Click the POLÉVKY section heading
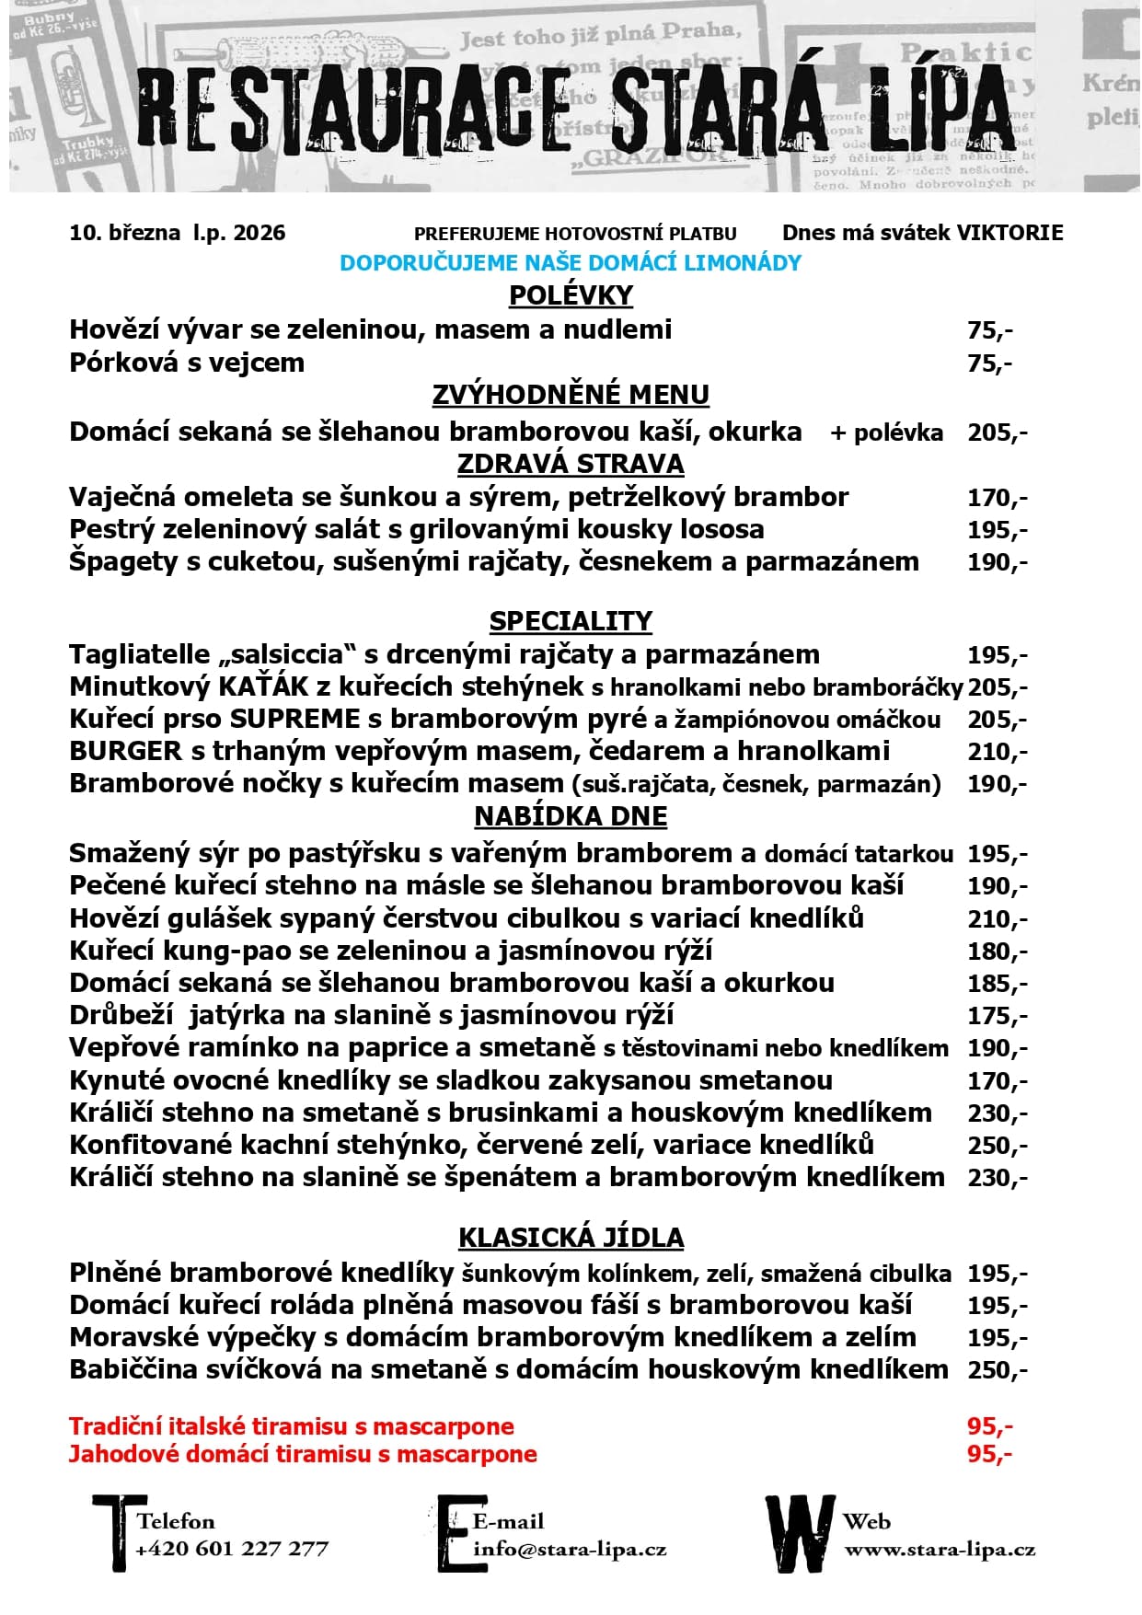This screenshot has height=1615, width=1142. pyautogui.click(x=571, y=295)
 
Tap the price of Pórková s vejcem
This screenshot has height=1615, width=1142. pyautogui.click(x=989, y=363)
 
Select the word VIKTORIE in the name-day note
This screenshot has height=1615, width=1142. pyautogui.click(x=1009, y=233)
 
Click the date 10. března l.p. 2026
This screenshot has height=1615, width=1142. pyautogui.click(x=177, y=233)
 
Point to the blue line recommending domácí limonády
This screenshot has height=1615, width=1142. pyautogui.click(x=571, y=263)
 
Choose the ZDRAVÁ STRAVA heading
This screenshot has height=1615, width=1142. pyautogui.click(x=571, y=464)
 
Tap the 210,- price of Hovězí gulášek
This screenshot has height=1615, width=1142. pyautogui.click(x=997, y=918)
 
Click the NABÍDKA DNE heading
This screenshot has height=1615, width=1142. pyautogui.click(x=571, y=816)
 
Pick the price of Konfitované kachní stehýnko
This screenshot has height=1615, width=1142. pyautogui.click(x=997, y=1146)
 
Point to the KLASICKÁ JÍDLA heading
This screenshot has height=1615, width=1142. pyautogui.click(x=571, y=1238)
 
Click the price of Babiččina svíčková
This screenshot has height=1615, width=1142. pyautogui.click(x=997, y=1370)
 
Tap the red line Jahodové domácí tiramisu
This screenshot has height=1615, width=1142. pyautogui.click(x=303, y=1454)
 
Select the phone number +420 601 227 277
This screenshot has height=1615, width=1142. pyautogui.click(x=232, y=1549)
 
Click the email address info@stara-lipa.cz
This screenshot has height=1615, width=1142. pyautogui.click(x=570, y=1549)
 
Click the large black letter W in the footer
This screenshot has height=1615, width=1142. pyautogui.click(x=801, y=1534)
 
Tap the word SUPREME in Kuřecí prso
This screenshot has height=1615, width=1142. pyautogui.click(x=294, y=719)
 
